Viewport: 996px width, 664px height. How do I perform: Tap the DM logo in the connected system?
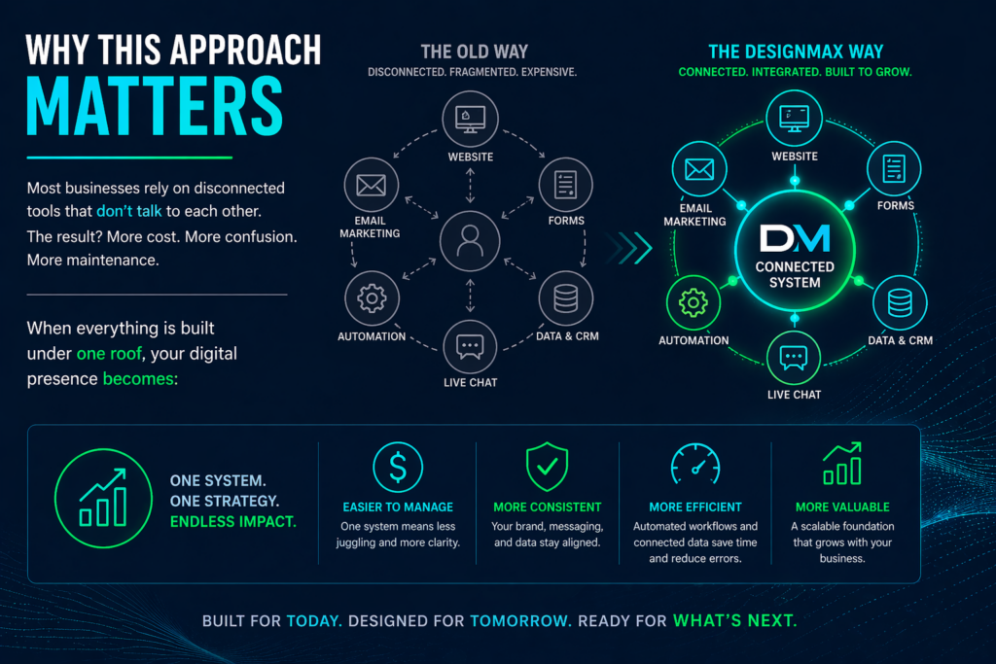[x=795, y=237]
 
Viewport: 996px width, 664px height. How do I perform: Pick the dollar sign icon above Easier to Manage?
[x=398, y=468]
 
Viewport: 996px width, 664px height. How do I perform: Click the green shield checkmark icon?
[x=547, y=468]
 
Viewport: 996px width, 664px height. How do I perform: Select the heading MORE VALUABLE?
[x=841, y=507]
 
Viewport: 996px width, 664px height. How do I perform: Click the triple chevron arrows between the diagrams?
[x=631, y=248]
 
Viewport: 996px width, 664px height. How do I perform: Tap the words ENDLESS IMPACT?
[x=232, y=522]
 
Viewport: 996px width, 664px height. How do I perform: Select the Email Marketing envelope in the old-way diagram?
[x=371, y=184]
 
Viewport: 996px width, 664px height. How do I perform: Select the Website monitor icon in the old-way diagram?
[x=470, y=120]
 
